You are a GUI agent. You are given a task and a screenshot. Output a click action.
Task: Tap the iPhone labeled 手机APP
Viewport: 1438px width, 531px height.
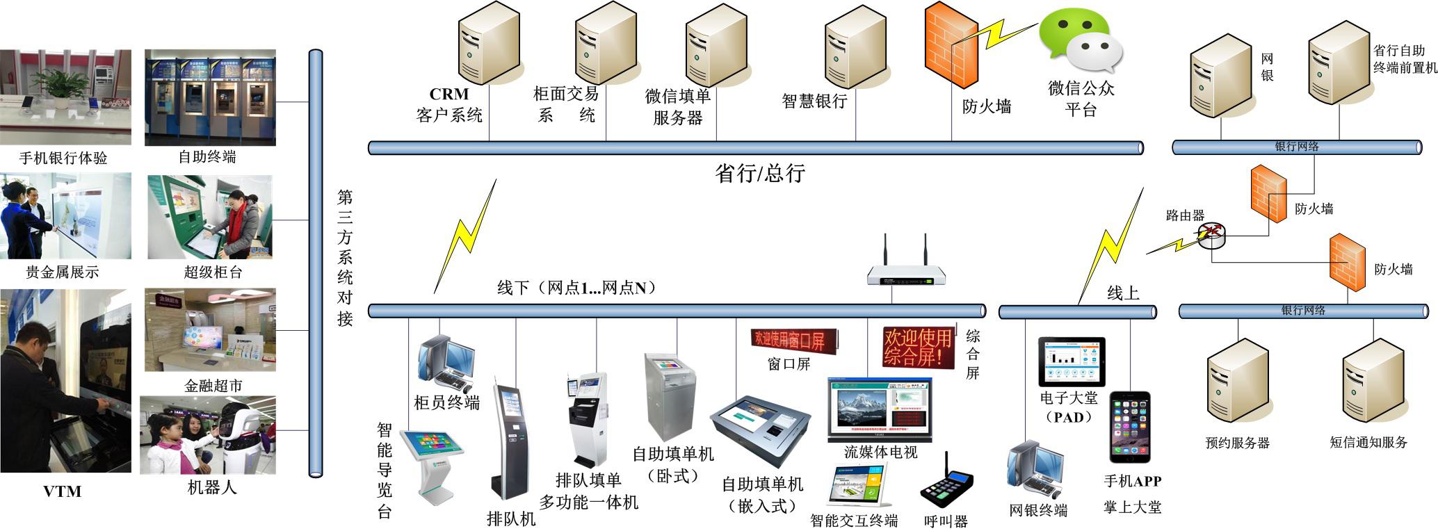[1129, 427]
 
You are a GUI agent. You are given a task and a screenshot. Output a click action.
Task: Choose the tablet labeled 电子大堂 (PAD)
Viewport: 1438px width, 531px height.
[1071, 361]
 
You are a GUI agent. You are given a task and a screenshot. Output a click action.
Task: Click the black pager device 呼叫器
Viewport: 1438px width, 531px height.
[946, 484]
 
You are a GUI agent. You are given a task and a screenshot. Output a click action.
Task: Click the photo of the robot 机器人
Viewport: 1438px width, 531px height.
[208, 435]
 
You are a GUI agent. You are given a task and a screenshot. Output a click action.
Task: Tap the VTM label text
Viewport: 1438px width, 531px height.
[63, 491]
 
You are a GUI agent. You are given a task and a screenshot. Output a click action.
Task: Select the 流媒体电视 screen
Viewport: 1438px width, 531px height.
[880, 410]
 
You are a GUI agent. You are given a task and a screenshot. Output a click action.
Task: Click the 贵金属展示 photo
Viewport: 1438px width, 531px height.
[65, 216]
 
